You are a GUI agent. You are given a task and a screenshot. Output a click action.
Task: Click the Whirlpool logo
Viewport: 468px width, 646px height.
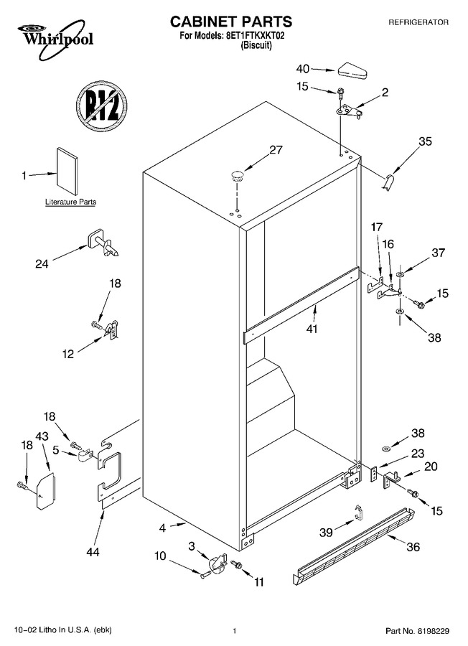pyautogui.click(x=55, y=40)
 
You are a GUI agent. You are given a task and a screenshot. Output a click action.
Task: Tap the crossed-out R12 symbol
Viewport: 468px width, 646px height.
pyautogui.click(x=101, y=107)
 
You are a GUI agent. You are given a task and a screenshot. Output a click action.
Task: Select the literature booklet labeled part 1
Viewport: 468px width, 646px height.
pyautogui.click(x=67, y=171)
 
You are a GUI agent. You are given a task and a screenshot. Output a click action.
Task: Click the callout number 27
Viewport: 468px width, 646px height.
pyautogui.click(x=276, y=149)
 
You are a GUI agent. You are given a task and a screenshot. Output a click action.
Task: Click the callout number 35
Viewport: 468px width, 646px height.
pyautogui.click(x=425, y=141)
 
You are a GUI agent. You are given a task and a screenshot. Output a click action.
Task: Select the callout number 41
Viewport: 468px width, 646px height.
pyautogui.click(x=312, y=329)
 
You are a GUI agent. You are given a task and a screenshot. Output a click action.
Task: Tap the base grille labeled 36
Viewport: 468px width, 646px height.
pyautogui.click(x=355, y=546)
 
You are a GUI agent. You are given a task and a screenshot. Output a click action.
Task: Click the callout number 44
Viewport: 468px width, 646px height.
pyautogui.click(x=93, y=552)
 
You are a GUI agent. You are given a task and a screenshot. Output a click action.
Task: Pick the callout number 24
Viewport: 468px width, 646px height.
pyautogui.click(x=42, y=263)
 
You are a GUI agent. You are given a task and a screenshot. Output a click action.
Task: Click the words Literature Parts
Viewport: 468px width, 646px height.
pyautogui.click(x=70, y=202)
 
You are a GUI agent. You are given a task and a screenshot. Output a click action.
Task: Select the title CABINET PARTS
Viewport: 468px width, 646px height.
pyautogui.click(x=231, y=22)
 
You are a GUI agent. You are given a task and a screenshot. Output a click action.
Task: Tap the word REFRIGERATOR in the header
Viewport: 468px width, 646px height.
pyautogui.click(x=418, y=22)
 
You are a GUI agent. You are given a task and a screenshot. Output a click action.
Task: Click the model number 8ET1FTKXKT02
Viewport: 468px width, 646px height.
pyautogui.click(x=256, y=36)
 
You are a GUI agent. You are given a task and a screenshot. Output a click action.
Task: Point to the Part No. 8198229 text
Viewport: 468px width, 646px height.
pyautogui.click(x=417, y=631)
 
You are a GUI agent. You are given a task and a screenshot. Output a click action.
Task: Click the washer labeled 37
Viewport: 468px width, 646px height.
pyautogui.click(x=400, y=274)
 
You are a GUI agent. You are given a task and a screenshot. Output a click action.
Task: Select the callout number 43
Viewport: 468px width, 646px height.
pyautogui.click(x=42, y=436)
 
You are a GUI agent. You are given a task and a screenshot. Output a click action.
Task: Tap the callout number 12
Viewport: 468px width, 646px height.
pyautogui.click(x=68, y=353)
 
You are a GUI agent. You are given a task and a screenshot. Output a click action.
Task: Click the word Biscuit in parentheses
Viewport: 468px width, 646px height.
pyautogui.click(x=256, y=45)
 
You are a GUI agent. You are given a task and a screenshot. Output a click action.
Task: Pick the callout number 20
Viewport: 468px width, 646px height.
pyautogui.click(x=431, y=467)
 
